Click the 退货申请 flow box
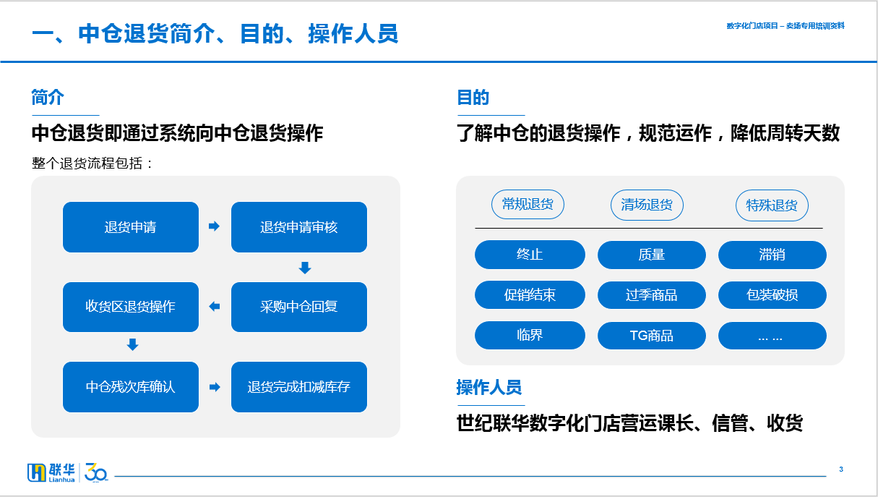point(131,227)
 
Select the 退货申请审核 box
point(299,227)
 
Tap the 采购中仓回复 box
point(299,307)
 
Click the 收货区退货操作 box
point(131,307)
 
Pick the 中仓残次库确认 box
point(131,387)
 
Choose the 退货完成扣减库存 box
point(299,387)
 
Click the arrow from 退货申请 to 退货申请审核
point(214,226)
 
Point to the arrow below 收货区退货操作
point(132,344)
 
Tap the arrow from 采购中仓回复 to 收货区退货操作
point(215,306)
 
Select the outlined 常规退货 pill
point(528,204)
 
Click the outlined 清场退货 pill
point(647,205)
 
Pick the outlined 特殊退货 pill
point(772,205)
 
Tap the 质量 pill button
point(651,255)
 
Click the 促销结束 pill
point(530,295)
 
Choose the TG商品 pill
point(651,336)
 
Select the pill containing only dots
point(772,336)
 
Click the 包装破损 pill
point(772,295)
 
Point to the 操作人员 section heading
point(489,388)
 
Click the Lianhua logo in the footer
point(67,472)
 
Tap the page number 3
point(841,470)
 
